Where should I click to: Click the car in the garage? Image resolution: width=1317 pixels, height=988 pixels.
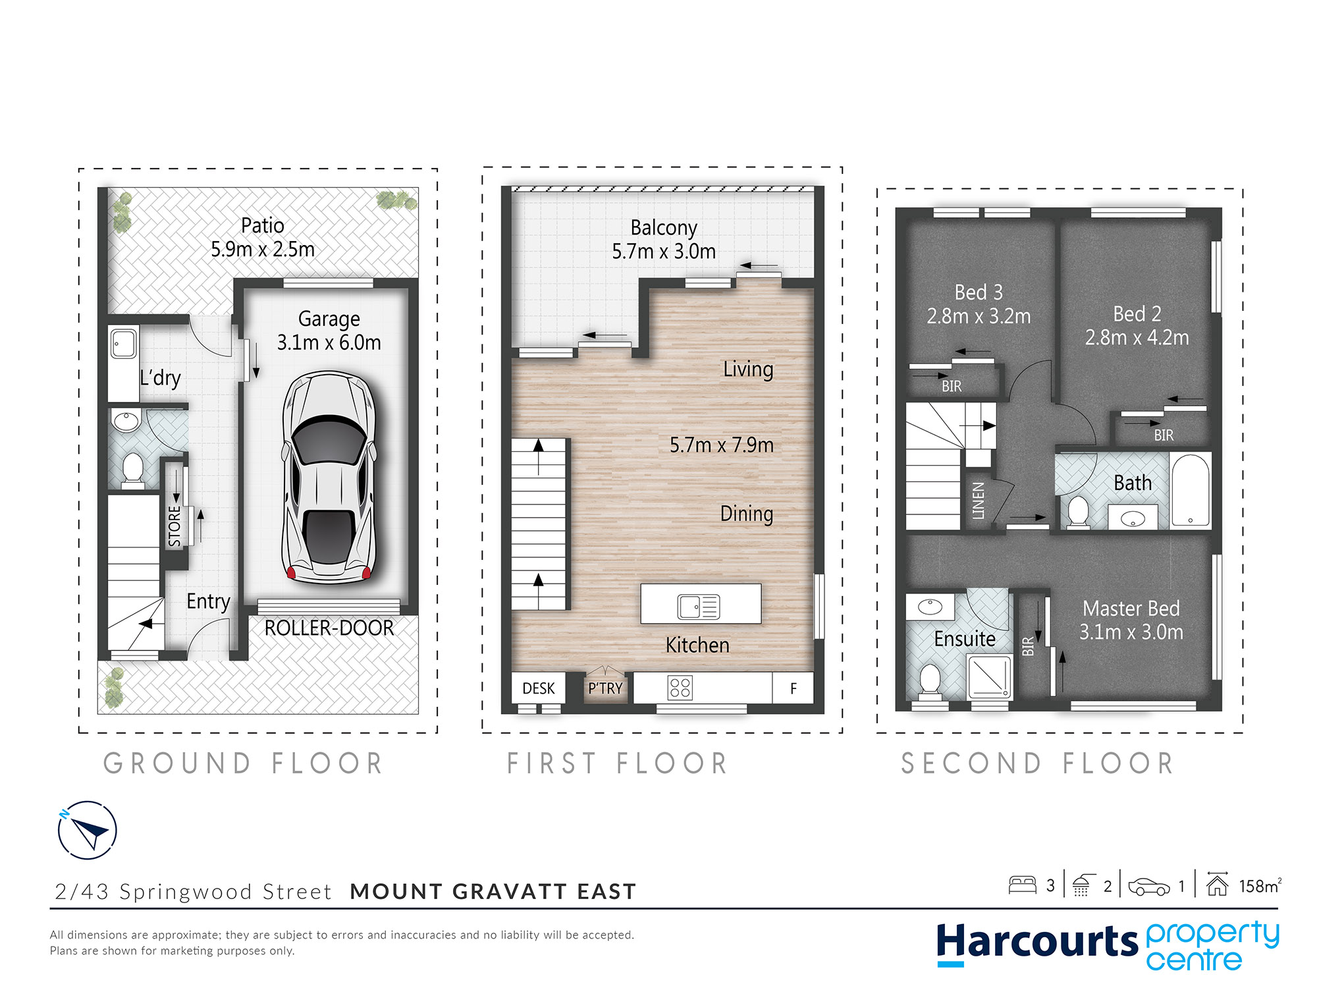click(x=329, y=478)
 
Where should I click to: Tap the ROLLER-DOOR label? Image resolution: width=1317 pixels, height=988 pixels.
click(x=329, y=628)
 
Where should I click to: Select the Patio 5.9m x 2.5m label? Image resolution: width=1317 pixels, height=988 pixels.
click(x=262, y=238)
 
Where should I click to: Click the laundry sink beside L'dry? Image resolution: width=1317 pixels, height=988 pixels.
click(x=124, y=344)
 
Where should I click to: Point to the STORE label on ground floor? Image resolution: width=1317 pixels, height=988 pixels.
click(x=175, y=526)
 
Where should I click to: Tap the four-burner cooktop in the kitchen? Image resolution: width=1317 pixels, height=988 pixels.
click(x=680, y=688)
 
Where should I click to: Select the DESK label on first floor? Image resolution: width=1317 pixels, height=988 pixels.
click(x=538, y=688)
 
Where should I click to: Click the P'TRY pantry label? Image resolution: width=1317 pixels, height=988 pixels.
click(x=605, y=688)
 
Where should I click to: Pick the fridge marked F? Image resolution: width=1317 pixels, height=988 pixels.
click(x=793, y=688)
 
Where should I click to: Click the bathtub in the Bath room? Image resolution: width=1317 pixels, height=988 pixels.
click(x=1191, y=491)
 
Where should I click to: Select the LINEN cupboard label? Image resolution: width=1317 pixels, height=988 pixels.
click(x=979, y=501)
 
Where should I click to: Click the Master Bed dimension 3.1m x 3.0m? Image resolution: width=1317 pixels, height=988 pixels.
click(x=1131, y=632)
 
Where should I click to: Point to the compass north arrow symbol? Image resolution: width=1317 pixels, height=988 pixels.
click(x=88, y=831)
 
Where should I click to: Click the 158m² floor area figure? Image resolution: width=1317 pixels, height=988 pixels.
click(x=1259, y=886)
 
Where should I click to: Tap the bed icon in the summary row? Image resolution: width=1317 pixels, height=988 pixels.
click(x=1022, y=885)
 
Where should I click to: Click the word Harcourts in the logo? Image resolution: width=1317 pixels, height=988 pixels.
click(x=1036, y=942)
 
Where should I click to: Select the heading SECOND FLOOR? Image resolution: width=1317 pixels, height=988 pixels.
click(x=1037, y=764)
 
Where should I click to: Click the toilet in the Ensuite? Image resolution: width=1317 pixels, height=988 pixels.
click(x=930, y=680)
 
